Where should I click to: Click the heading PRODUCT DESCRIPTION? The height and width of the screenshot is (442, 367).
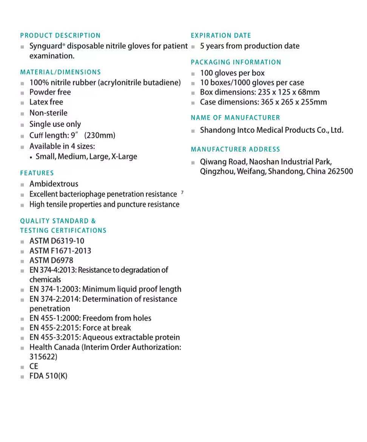coord(60,36)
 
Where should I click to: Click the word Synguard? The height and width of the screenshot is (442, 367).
coord(45,46)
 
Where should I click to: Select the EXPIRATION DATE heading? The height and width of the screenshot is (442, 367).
coord(221,36)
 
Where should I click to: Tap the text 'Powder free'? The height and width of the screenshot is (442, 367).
coord(50,92)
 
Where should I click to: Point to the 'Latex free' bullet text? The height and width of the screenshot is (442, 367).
coord(46,102)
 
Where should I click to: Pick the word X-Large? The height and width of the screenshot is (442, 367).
coord(124,156)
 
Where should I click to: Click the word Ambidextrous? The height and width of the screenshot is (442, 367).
coord(54,184)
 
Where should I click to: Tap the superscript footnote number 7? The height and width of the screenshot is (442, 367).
coord(182,193)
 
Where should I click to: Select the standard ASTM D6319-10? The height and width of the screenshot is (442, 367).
coord(57,241)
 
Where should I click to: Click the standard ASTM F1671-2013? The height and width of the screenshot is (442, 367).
coord(60,251)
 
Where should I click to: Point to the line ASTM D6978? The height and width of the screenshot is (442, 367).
coord(51,260)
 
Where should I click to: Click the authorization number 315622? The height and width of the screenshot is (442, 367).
coord(43,357)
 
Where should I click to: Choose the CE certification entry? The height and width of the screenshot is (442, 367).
coord(34,366)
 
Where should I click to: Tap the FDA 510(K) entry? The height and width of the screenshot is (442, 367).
coord(48,376)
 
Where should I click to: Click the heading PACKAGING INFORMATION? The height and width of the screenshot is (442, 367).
coord(236,62)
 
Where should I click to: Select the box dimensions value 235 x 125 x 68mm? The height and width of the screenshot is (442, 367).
coord(289,92)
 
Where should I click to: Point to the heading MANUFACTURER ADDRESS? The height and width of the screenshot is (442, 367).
coord(236,149)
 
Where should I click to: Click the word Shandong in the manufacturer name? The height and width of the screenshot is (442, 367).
coord(217,130)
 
